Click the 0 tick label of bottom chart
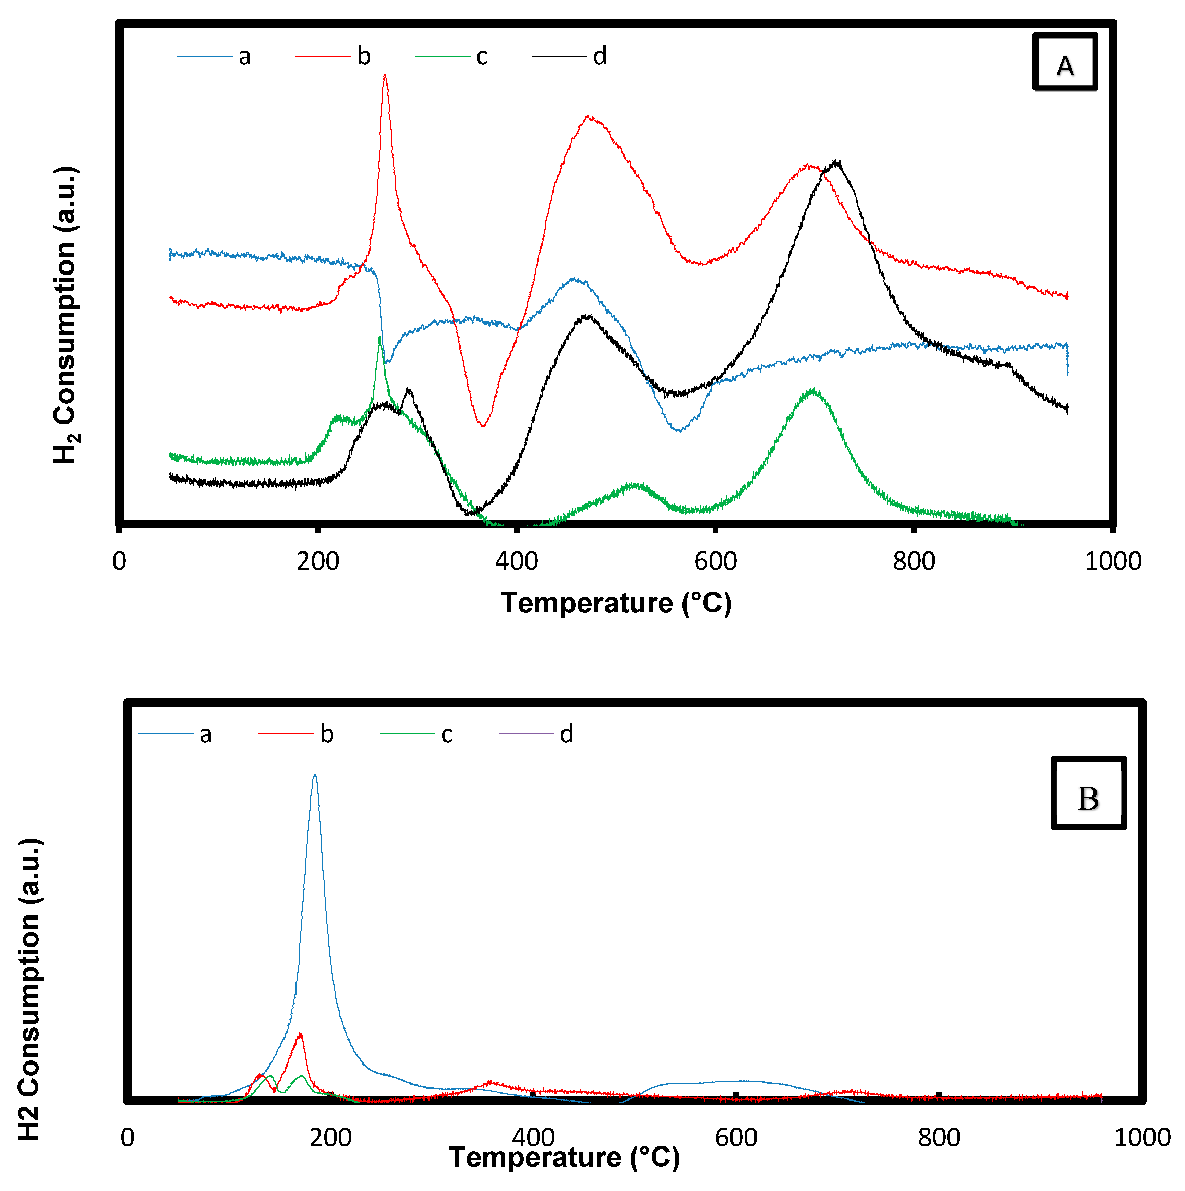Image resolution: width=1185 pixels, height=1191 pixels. point(128,1138)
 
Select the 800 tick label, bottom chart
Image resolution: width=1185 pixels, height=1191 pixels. point(939,1138)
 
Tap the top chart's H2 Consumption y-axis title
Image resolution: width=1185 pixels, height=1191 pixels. point(65,314)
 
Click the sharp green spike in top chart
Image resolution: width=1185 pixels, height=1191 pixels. point(380,338)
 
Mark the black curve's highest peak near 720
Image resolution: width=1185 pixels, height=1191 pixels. point(836,162)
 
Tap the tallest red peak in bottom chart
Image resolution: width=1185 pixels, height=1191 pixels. point(300,1034)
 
